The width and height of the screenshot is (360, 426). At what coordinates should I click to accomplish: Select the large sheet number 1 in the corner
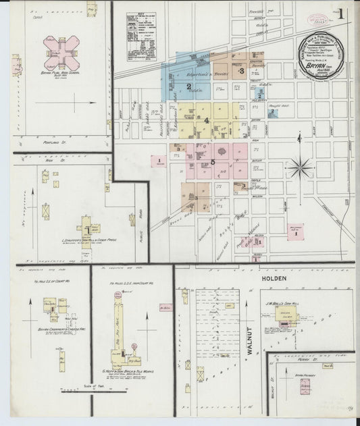[x=342, y=13]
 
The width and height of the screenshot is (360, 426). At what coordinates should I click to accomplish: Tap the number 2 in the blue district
[x=189, y=86]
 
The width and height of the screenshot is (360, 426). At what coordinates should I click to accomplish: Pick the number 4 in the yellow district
[x=206, y=119]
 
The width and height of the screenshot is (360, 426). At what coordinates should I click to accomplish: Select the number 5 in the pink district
[x=213, y=162]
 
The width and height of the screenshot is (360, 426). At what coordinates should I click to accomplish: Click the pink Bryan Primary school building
[x=305, y=386]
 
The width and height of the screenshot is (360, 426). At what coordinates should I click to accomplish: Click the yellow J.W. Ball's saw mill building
[x=288, y=322]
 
